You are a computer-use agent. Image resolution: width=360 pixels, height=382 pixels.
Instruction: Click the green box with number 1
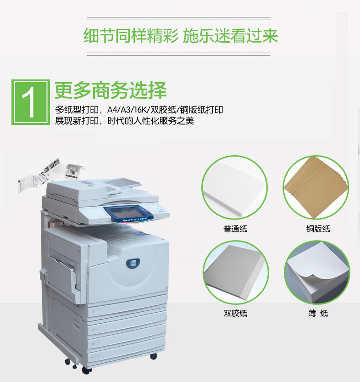tap(31, 102)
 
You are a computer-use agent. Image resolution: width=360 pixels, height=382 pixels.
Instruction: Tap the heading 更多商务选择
tap(111, 90)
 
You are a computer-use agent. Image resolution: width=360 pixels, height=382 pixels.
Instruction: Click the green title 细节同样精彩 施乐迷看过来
tap(180, 36)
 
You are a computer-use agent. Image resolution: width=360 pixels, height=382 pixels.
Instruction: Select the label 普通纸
tap(235, 229)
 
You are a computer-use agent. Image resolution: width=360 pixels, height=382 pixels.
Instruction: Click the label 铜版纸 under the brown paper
tap(318, 229)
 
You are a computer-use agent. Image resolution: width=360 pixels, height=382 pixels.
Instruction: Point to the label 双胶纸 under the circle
tap(235, 313)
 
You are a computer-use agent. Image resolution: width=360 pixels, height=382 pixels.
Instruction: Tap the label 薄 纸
tap(318, 313)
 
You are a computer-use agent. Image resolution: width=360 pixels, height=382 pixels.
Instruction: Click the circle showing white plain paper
tap(235, 188)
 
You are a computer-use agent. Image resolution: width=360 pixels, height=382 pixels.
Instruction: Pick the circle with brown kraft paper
tap(316, 188)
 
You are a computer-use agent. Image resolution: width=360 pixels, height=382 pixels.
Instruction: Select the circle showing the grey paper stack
tap(236, 273)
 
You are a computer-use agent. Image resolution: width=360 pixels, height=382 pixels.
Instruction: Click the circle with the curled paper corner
tap(317, 273)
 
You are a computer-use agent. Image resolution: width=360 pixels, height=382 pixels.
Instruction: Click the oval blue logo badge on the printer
tap(133, 263)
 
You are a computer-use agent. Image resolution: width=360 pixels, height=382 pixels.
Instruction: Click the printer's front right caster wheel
tap(154, 356)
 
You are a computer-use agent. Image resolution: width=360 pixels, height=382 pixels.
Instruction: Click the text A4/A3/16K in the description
tap(128, 110)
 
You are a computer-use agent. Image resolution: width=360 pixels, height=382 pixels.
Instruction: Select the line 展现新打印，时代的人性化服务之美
tap(124, 121)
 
